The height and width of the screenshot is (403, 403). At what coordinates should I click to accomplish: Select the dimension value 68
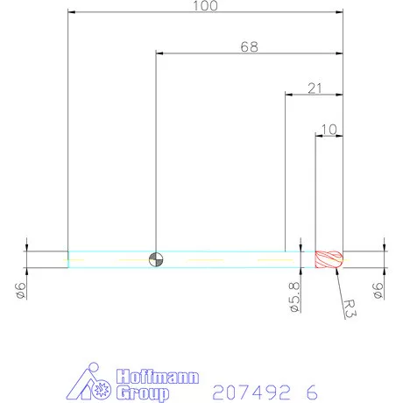pos(250,46)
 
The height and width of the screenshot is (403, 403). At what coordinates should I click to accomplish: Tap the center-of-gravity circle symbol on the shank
pos(155,258)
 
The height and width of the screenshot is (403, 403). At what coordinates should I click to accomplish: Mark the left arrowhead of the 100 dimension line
pos(72,12)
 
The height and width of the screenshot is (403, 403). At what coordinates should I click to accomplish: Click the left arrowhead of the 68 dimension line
pos(159,53)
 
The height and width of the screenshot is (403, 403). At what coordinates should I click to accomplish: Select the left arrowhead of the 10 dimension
pos(319,135)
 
